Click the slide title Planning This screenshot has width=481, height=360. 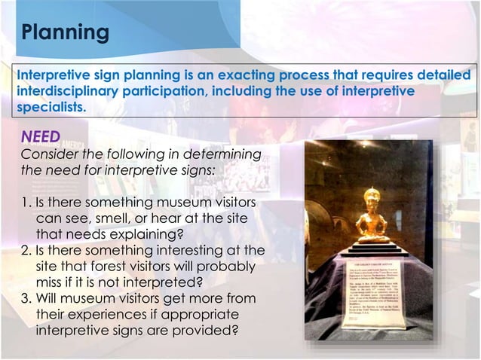click(64, 32)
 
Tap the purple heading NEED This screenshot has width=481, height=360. click(40, 138)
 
